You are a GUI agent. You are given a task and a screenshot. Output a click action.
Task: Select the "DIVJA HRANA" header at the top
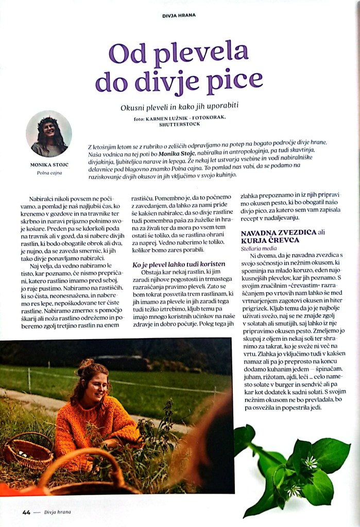tap(179, 15)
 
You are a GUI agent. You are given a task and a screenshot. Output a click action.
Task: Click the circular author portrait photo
tap(48, 134)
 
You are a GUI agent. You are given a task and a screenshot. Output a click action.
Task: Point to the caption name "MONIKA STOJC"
tap(48, 165)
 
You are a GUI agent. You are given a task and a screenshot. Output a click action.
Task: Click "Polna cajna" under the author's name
tap(49, 173)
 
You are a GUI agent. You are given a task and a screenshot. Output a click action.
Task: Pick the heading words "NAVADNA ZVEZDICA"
tap(279, 233)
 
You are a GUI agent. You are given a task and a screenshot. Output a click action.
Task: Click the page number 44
tap(27, 512)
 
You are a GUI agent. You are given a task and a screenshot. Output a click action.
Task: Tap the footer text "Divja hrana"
tap(58, 512)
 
